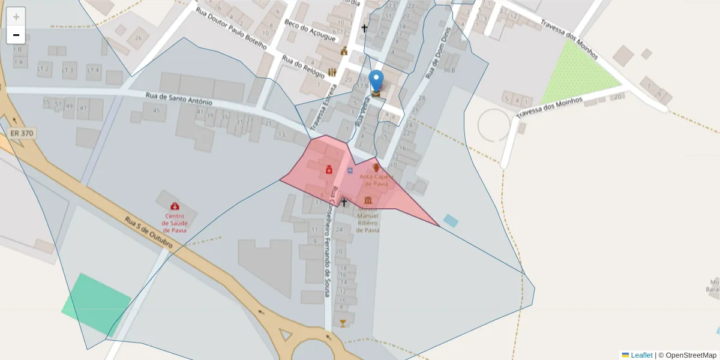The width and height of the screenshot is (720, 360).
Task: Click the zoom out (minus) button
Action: click(x=16, y=35)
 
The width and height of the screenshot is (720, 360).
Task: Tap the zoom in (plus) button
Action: click(x=16, y=17)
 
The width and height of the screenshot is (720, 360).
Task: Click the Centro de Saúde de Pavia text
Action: click(x=174, y=223)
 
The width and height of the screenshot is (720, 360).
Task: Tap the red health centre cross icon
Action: click(x=175, y=206)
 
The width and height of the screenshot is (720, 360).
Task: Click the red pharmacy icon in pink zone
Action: click(x=329, y=170)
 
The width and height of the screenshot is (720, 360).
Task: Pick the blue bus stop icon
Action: click(x=350, y=171)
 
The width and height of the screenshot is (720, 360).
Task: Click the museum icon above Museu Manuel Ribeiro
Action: click(x=367, y=200)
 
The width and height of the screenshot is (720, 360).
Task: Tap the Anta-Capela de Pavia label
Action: click(x=376, y=180)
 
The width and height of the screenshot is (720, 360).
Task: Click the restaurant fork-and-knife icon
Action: click(x=332, y=73)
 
